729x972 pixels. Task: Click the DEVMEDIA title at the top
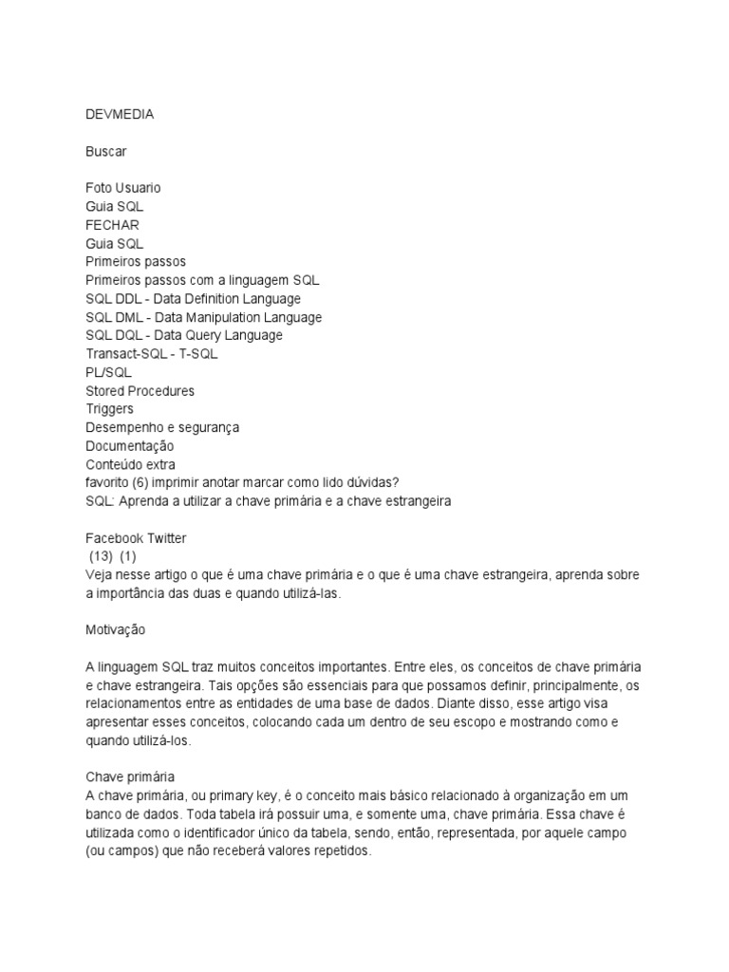(x=120, y=115)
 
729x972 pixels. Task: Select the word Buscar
(x=105, y=152)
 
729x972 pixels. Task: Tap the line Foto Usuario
(x=123, y=188)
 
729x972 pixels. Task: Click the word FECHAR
(x=112, y=225)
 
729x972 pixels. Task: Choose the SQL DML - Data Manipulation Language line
(x=203, y=317)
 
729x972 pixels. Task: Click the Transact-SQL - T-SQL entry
(x=151, y=354)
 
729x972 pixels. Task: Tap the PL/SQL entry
(x=108, y=372)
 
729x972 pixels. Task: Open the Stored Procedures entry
(x=140, y=390)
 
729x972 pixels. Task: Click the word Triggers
(x=109, y=409)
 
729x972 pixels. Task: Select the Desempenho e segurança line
(x=161, y=427)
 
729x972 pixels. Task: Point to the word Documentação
(x=129, y=446)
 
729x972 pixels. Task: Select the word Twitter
(x=167, y=538)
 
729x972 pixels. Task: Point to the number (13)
(x=101, y=556)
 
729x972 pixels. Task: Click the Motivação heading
(x=117, y=629)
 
